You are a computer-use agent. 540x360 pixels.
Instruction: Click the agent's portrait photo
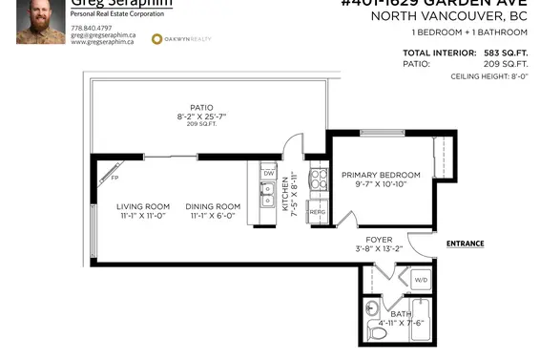coord(41,21)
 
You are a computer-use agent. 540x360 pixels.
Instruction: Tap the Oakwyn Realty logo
coord(182,38)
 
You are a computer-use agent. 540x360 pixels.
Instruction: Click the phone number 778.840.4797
coord(93,28)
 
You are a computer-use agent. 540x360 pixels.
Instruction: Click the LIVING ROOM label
coord(143,206)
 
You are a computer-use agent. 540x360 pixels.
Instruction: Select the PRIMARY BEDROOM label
coord(382,175)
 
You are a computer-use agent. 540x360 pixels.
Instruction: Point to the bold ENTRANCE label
coord(465,244)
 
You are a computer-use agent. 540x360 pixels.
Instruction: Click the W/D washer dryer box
coord(421,280)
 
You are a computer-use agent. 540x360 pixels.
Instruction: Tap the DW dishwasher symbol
coord(269,173)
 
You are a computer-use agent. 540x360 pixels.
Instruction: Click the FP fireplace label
coord(114,178)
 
